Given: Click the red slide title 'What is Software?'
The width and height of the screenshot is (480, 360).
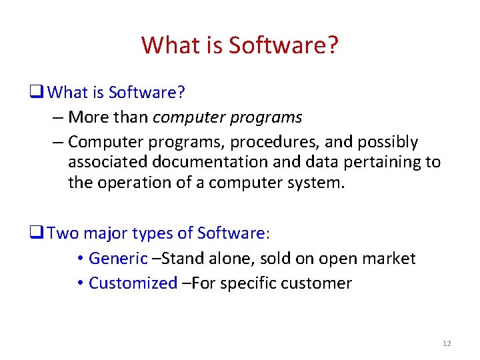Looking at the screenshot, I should click(240, 45).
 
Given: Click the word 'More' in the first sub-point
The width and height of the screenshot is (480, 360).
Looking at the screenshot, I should click(89, 117).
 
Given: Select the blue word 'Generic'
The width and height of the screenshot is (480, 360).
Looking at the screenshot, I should click(117, 258).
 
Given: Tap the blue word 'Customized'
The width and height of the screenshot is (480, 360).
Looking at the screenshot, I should click(133, 283).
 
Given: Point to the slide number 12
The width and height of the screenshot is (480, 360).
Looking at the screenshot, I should click(446, 343).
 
